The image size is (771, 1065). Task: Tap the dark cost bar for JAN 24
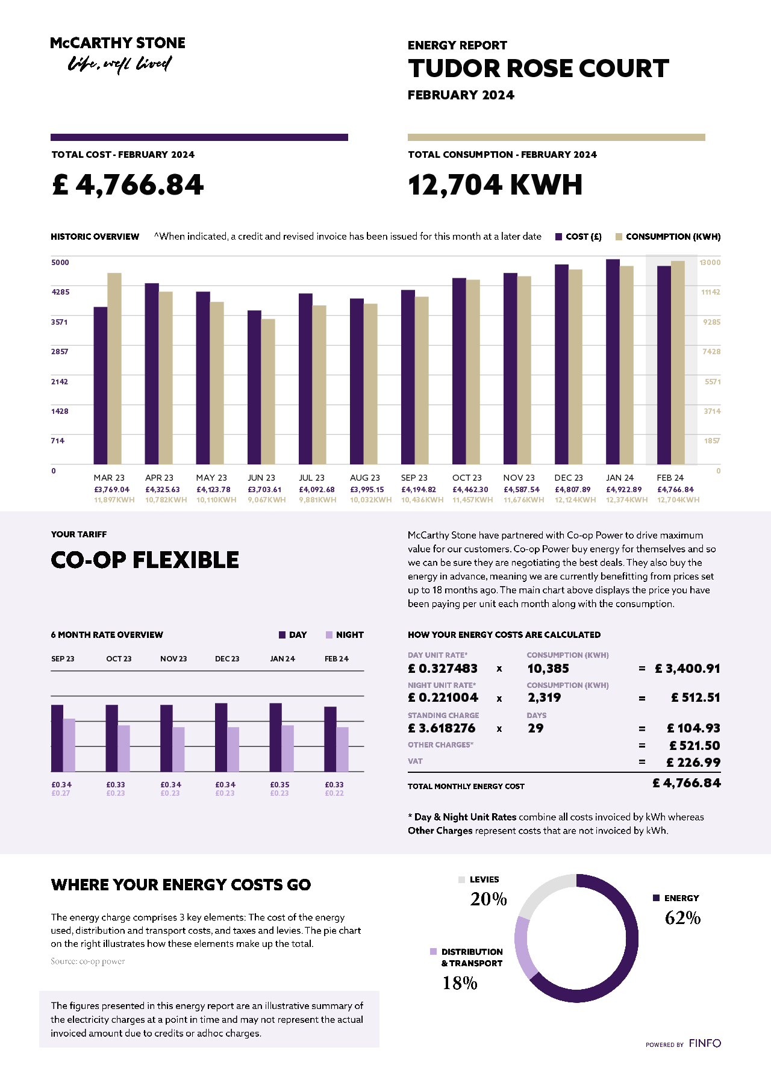click(x=613, y=361)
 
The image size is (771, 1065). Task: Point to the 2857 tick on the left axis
click(x=60, y=352)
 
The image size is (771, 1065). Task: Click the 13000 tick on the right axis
click(x=710, y=263)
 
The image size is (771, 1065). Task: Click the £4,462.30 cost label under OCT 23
click(x=470, y=490)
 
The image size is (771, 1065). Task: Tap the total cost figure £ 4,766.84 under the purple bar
click(x=128, y=185)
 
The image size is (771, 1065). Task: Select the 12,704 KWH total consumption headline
click(x=495, y=185)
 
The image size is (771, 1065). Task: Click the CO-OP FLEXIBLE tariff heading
click(x=145, y=560)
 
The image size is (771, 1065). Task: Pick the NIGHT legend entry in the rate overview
click(x=345, y=635)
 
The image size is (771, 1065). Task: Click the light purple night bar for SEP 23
click(x=69, y=745)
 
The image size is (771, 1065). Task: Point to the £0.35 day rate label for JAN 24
click(x=279, y=785)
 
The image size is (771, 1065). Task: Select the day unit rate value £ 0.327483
click(x=443, y=669)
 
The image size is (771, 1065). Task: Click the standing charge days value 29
click(x=535, y=728)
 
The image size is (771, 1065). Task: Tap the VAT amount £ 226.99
click(x=693, y=763)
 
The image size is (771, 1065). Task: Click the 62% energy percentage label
click(x=682, y=918)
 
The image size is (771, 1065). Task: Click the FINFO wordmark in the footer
click(x=705, y=1043)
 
